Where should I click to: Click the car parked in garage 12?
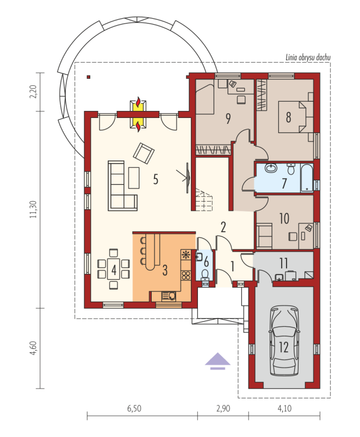[284, 341]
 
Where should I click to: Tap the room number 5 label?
[156, 179]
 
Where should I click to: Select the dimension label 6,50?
[134, 409]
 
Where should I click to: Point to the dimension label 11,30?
[33, 209]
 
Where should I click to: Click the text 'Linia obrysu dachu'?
[308, 58]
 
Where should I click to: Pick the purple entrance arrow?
[218, 361]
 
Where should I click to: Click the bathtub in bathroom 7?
[307, 178]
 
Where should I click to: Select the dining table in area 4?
[114, 269]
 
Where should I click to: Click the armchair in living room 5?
[144, 153]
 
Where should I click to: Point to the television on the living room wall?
[188, 178]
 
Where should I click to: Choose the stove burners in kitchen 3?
[185, 275]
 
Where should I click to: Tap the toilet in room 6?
[205, 274]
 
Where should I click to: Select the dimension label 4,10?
[284, 409]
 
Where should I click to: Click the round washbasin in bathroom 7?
[270, 168]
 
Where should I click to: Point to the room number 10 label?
[284, 218]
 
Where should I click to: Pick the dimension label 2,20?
[33, 92]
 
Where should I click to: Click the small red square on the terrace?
[89, 77]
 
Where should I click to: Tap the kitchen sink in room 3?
[169, 296]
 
